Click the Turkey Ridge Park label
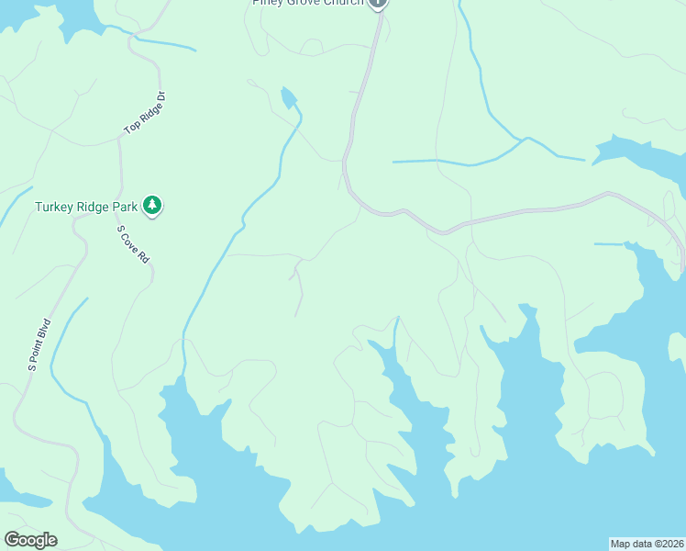(x=87, y=207)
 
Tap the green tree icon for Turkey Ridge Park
(x=154, y=206)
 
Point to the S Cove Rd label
(x=133, y=244)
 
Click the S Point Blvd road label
(x=39, y=343)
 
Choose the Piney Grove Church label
(x=308, y=3)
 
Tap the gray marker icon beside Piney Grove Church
(x=378, y=3)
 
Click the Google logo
(x=30, y=540)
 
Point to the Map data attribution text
(x=647, y=543)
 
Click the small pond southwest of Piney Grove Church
(x=290, y=96)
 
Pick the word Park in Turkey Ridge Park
(x=126, y=207)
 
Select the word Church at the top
(x=345, y=3)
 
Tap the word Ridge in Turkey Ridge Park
(x=93, y=207)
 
